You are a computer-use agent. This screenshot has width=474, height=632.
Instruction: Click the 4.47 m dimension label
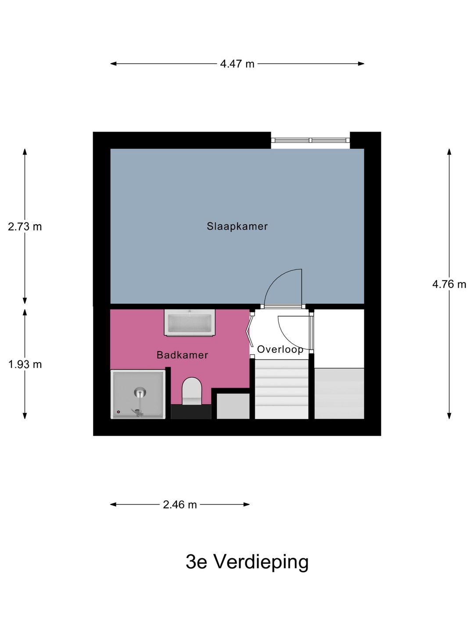tap(237, 64)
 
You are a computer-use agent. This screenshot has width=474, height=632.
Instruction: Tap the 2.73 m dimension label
tap(25, 227)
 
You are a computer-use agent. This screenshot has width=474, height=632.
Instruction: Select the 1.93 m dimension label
tap(25, 364)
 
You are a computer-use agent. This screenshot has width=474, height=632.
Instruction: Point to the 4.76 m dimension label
tap(449, 284)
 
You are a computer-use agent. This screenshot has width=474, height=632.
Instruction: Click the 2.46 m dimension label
tap(180, 505)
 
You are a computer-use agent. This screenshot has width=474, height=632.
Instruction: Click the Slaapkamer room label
tap(237, 226)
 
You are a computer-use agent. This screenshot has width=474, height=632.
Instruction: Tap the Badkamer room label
tap(182, 355)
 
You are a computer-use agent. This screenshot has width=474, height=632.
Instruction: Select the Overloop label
tap(280, 349)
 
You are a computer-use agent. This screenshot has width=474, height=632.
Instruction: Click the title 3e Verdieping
tap(247, 562)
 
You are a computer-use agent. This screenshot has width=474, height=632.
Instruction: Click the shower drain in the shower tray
tap(140, 391)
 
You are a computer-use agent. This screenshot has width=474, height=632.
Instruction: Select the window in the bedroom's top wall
tap(310, 140)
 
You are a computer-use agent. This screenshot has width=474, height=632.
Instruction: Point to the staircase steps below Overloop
tap(282, 389)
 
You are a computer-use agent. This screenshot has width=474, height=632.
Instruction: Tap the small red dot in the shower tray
tap(118, 412)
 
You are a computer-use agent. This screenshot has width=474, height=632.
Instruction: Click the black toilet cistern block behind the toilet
tap(191, 412)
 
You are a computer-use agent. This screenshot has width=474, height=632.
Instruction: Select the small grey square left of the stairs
tap(233, 406)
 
